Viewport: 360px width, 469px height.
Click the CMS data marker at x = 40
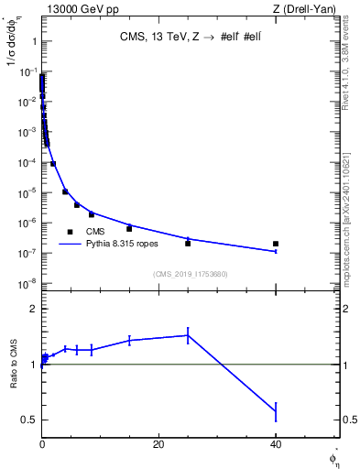pyautogui.click(x=276, y=244)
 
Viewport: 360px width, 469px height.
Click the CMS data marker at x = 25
pyautogui.click(x=188, y=244)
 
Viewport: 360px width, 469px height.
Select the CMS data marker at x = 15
pyautogui.click(x=129, y=228)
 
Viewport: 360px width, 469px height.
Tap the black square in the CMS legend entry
pyautogui.click(x=70, y=232)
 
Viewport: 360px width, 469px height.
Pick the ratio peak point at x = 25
pyautogui.click(x=188, y=335)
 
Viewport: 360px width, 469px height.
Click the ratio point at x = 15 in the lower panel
pyautogui.click(x=129, y=340)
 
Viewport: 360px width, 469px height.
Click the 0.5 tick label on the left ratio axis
pyautogui.click(x=31, y=420)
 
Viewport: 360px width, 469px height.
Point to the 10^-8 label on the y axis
pyautogui.click(x=27, y=283)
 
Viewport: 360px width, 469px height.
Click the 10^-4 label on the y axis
pyautogui.click(x=27, y=162)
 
